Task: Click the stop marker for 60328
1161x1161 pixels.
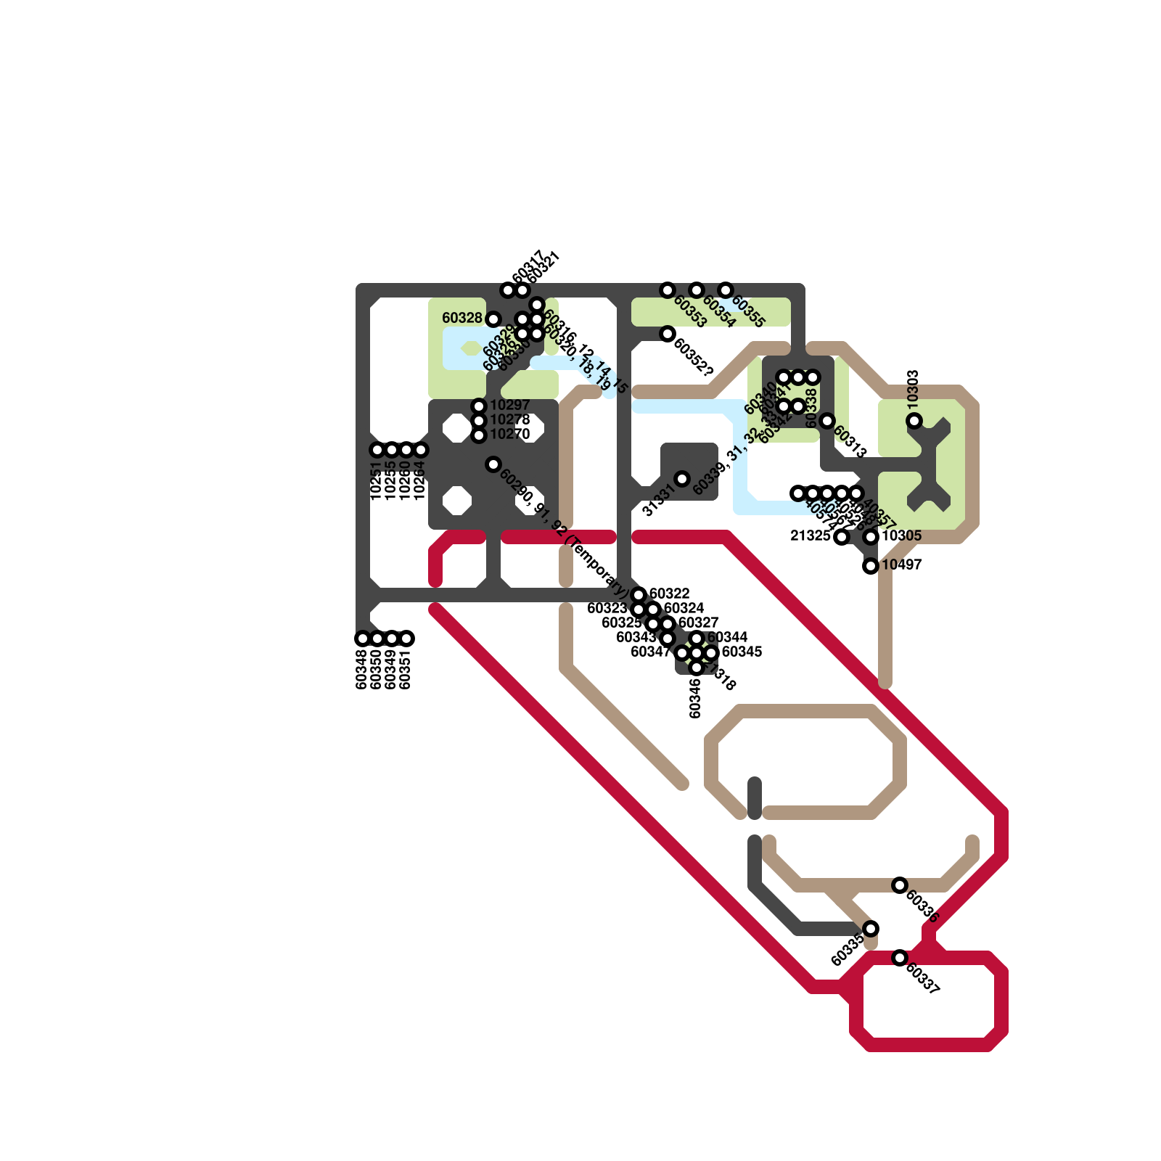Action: (x=493, y=319)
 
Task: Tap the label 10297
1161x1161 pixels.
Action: (x=510, y=405)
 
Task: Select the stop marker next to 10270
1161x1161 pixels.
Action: (x=479, y=435)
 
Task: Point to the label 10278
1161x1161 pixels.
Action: (x=510, y=419)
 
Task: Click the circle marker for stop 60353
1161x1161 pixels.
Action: (x=668, y=290)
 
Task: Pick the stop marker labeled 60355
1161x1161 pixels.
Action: (x=726, y=290)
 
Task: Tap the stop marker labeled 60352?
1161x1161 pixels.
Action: (x=668, y=334)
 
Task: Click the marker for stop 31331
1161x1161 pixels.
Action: (x=682, y=479)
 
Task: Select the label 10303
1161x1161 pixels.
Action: (x=914, y=388)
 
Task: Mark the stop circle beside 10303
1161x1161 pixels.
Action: (x=914, y=421)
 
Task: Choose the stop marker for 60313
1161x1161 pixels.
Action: (x=827, y=421)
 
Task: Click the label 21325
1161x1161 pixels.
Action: (x=810, y=536)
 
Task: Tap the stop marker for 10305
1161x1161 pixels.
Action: (x=871, y=537)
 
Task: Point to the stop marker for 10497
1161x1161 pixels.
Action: (x=871, y=566)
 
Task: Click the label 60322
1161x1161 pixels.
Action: (x=670, y=594)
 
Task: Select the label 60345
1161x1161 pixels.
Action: (x=742, y=652)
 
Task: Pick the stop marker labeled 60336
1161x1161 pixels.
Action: (x=900, y=885)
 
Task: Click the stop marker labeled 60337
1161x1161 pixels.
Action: (x=900, y=958)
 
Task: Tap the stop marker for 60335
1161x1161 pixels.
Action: (x=871, y=929)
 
